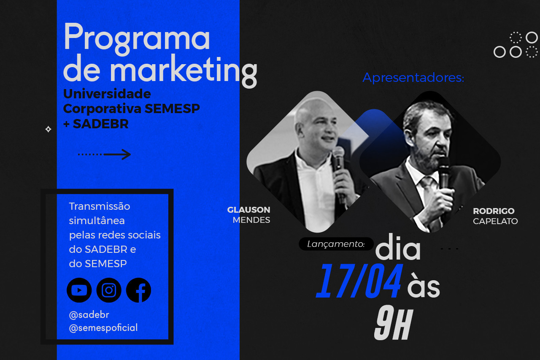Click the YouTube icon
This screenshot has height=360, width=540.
tap(79, 290)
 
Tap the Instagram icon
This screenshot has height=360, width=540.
tap(109, 290)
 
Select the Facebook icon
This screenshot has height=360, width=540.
tap(139, 290)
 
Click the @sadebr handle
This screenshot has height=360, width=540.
tap(89, 315)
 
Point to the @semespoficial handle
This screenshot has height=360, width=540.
tap(103, 328)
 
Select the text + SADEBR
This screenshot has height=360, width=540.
tap(96, 124)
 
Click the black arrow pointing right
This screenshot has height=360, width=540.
tap(104, 154)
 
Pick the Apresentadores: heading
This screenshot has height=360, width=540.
tap(413, 78)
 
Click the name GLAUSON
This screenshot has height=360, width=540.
tap(248, 210)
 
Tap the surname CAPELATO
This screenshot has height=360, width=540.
tap(495, 221)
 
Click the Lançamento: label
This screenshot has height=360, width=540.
tap(336, 244)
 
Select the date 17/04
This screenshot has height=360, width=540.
tap(359, 281)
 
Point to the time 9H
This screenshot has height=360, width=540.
tap(394, 322)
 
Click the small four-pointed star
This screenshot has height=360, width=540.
tap(48, 129)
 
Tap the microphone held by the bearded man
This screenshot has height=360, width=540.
tap(443, 172)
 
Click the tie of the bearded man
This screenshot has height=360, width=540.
tap(428, 190)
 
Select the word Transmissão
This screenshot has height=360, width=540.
tap(100, 206)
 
